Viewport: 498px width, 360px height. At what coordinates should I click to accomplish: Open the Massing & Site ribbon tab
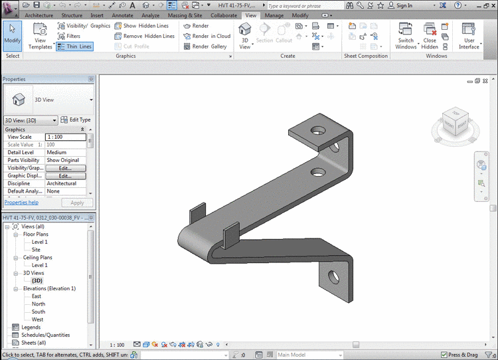click(185, 15)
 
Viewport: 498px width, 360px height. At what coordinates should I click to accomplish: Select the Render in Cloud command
click(207, 36)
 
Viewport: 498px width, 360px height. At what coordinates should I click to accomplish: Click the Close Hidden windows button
click(430, 36)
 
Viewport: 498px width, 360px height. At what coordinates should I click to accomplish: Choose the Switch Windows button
click(406, 36)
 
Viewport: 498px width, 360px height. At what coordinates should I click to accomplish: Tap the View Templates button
click(40, 36)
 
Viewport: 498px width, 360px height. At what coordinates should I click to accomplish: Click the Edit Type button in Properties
click(76, 120)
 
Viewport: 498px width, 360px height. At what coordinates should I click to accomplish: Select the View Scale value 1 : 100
click(66, 137)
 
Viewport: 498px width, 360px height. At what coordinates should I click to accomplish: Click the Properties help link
click(21, 203)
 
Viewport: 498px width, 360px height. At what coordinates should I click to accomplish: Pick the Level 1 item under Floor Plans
click(40, 242)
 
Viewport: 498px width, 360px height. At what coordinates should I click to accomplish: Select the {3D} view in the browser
click(37, 280)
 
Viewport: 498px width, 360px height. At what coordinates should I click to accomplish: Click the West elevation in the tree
click(38, 319)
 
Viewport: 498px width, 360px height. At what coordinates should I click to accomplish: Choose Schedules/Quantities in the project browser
click(45, 335)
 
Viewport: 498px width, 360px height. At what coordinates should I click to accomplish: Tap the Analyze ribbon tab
click(150, 15)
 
